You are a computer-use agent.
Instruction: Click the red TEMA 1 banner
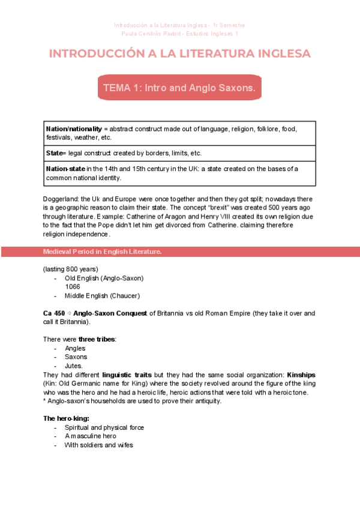tap(179, 88)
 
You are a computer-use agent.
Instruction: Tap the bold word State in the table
tap(55, 153)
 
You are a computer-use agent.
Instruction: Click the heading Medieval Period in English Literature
tap(102, 251)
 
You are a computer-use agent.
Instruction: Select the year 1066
tap(73, 287)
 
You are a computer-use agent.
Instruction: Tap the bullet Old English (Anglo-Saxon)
tap(104, 278)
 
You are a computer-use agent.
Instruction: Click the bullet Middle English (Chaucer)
tap(102, 296)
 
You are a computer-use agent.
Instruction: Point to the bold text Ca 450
tap(54, 313)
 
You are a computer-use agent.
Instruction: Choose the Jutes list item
tap(74, 366)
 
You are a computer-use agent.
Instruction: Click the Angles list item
tap(75, 348)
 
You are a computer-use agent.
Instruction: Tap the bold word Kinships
tap(301, 375)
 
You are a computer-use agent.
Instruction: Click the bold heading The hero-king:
tap(66, 418)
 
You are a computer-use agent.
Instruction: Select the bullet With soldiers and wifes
tap(98, 445)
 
